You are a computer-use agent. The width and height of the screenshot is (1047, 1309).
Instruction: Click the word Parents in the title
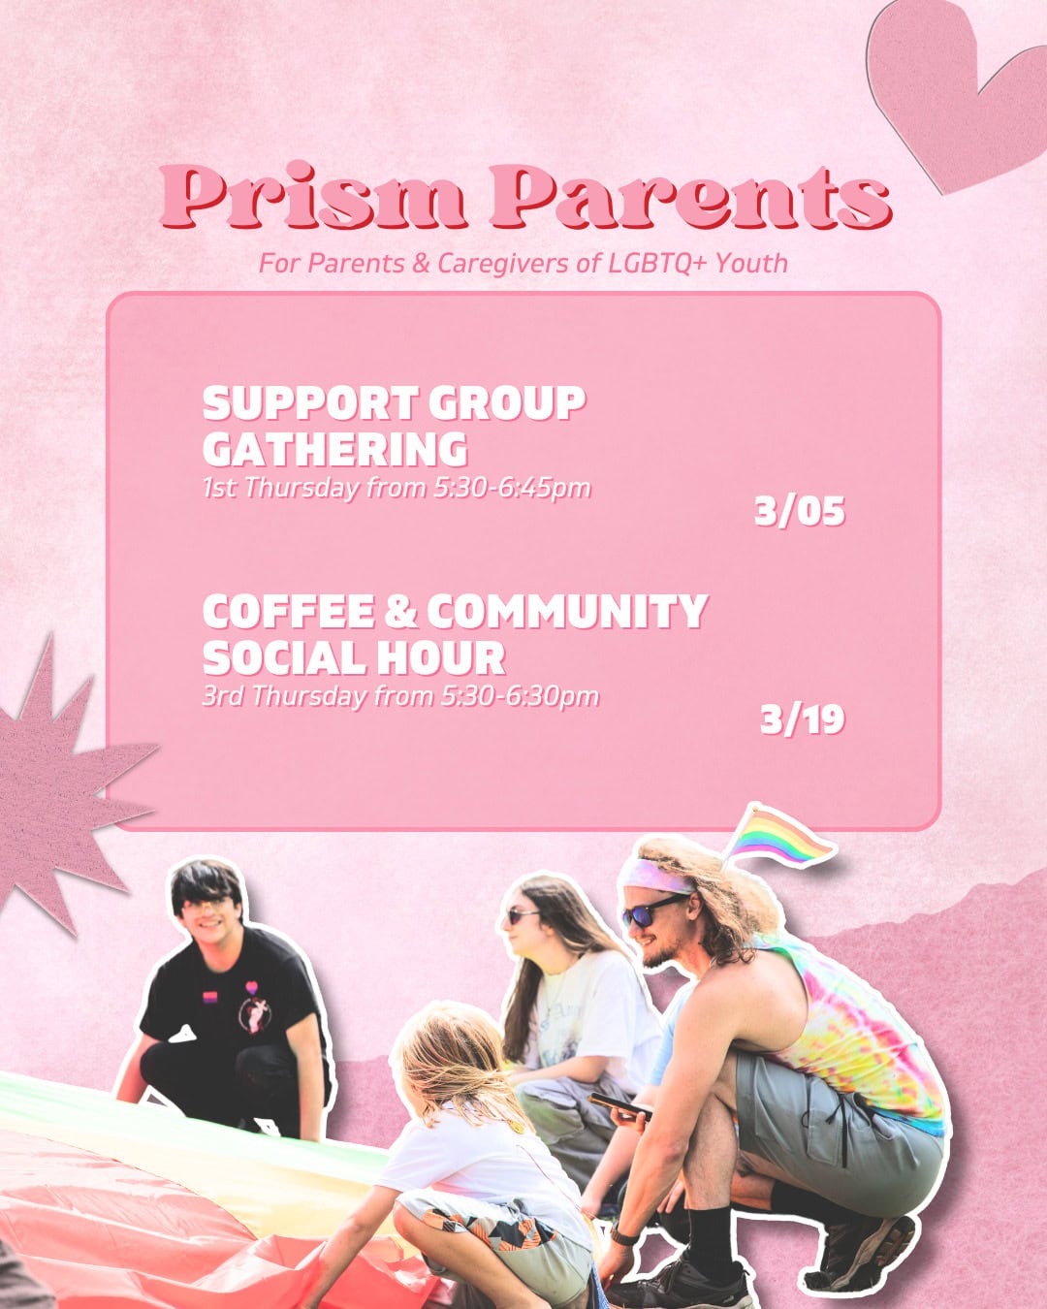point(689,197)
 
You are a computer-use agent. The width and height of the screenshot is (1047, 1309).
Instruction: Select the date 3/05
point(800,511)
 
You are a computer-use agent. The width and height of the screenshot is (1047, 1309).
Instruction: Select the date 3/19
point(803,719)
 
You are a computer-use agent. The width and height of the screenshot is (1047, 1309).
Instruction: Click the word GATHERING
point(335,450)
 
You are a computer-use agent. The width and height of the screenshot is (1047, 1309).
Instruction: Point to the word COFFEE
point(288,612)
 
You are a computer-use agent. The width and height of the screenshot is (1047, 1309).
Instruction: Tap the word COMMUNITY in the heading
point(567,612)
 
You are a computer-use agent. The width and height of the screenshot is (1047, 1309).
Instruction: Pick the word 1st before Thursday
point(220,487)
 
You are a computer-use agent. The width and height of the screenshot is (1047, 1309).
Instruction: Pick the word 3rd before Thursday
point(223,696)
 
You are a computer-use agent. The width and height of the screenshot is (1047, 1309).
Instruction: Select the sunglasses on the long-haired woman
point(523,914)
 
